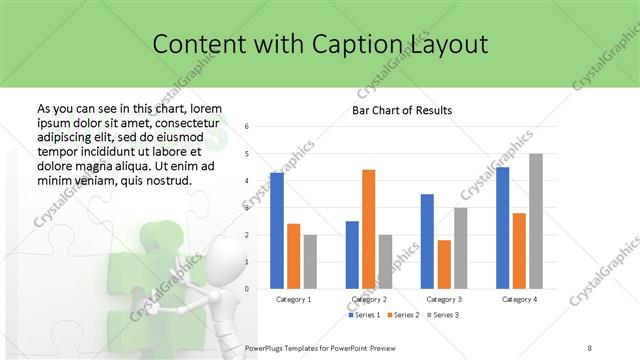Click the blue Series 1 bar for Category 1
pyautogui.click(x=277, y=231)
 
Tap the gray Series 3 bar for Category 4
pyautogui.click(x=536, y=221)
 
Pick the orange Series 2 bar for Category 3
pyautogui.click(x=444, y=264)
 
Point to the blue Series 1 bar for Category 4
pyautogui.click(x=502, y=228)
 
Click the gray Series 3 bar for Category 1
pyautogui.click(x=310, y=262)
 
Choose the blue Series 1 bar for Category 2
pyautogui.click(x=352, y=255)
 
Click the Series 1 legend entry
pyautogui.click(x=365, y=315)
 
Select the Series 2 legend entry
pyautogui.click(x=403, y=315)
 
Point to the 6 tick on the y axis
pyautogui.click(x=260, y=127)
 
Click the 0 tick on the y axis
pyautogui.click(x=260, y=289)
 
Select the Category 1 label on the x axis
pyautogui.click(x=293, y=299)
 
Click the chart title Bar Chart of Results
pyautogui.click(x=402, y=110)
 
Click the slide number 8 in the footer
pyautogui.click(x=591, y=347)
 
